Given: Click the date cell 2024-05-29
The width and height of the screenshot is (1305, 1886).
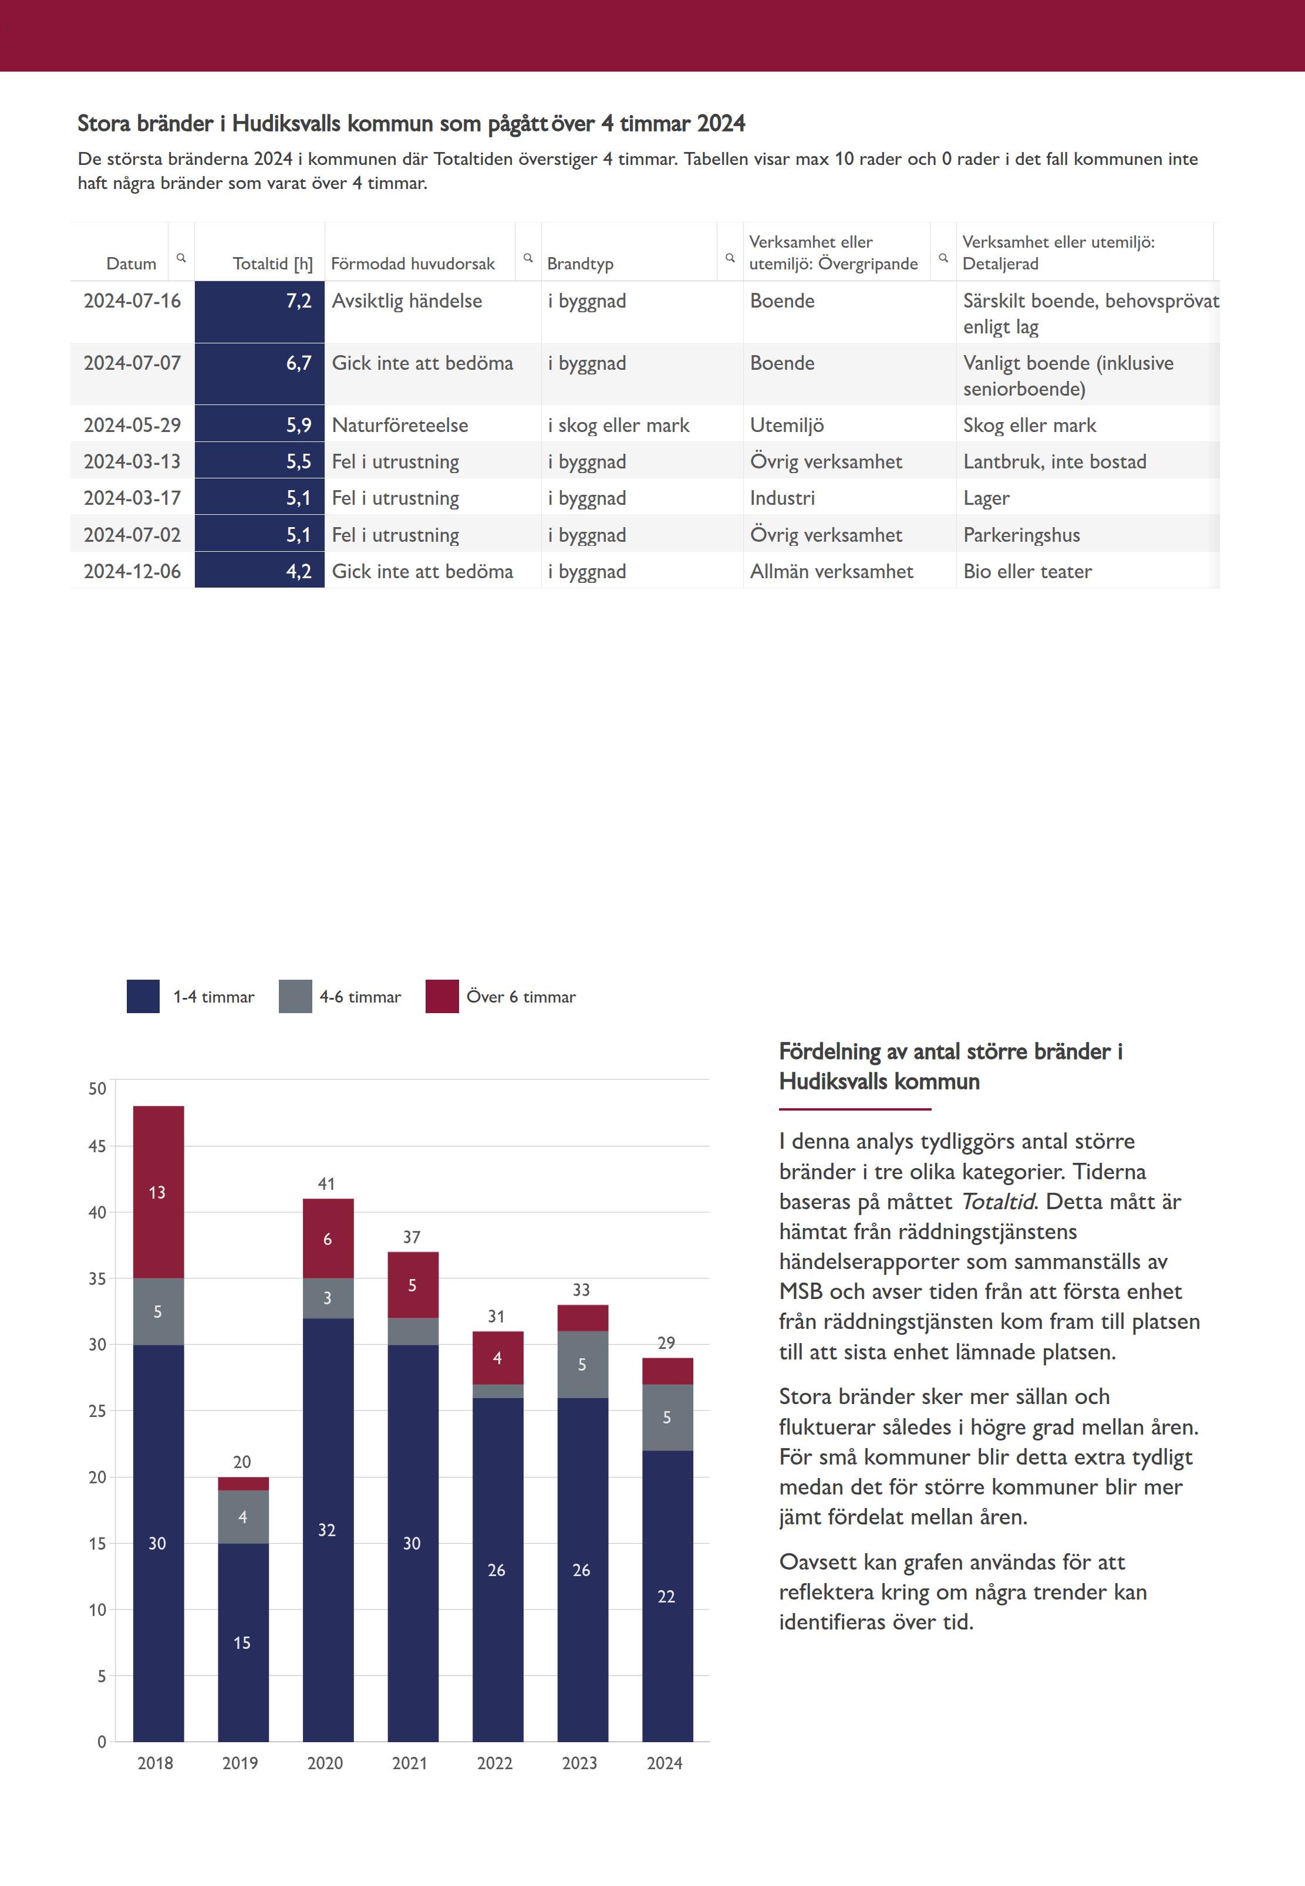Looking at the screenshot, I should click(131, 425).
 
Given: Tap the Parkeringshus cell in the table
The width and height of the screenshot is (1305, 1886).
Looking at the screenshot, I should click(1021, 535).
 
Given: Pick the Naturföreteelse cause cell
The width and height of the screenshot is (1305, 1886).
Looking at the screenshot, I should click(400, 425).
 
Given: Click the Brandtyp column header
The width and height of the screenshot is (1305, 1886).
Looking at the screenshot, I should click(580, 263).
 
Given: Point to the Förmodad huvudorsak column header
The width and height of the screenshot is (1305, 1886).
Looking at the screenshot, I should click(413, 263).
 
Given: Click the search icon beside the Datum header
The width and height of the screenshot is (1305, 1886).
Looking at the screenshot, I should click(181, 258).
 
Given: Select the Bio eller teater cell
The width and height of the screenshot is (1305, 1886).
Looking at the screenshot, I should click(1027, 572).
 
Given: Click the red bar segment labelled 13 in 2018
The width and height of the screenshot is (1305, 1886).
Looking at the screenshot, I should click(158, 1192).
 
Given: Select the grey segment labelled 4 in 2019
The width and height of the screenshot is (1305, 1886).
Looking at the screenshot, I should click(243, 1516).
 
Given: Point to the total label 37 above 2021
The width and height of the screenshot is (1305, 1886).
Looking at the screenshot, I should click(412, 1237).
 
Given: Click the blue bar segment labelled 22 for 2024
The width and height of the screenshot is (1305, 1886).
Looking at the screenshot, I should click(667, 1596).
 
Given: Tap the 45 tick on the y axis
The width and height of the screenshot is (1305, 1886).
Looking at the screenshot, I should click(97, 1146).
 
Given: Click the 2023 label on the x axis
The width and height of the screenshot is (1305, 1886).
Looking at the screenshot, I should click(580, 1763).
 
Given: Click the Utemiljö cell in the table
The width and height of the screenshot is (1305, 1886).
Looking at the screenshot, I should click(787, 425).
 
